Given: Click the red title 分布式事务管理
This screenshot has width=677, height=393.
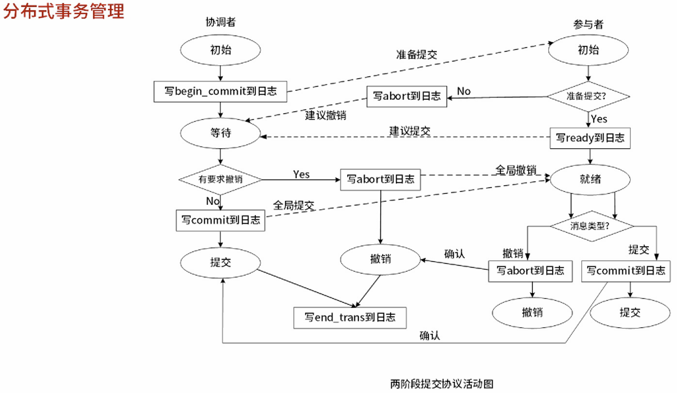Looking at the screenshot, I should pos(63,12).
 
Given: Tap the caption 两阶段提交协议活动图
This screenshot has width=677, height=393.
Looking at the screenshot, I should pos(442,384).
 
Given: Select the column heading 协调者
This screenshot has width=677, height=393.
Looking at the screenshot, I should pos(220,23).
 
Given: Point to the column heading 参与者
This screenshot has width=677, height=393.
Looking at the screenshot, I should pos(588,24).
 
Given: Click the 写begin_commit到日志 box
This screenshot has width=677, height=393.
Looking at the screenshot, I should pos(220,91).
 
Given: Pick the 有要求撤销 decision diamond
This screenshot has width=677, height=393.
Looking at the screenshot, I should pos(220,179).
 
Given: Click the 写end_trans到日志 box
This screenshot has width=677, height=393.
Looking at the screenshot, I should pos(350,318).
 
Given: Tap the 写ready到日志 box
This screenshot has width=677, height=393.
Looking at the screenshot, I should pos(590,138).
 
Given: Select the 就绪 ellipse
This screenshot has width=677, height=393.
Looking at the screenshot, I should pos(590,179).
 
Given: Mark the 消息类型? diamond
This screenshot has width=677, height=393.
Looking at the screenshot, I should pos(592,226).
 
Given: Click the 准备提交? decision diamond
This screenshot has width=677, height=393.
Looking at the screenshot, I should pos(590,96).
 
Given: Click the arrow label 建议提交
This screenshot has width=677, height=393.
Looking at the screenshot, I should pos(410,130).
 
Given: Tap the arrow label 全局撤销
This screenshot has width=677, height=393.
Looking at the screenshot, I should pos(516,170).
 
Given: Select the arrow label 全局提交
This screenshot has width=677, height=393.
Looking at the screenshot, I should pos(293,205).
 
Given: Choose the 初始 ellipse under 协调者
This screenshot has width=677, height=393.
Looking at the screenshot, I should pos(220,50).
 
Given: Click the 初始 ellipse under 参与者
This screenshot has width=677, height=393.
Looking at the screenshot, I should pos(588,50).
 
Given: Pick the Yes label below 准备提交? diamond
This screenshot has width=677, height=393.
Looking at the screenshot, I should pos(599,119).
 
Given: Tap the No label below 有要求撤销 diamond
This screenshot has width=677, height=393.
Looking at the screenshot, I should pos(213,201).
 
